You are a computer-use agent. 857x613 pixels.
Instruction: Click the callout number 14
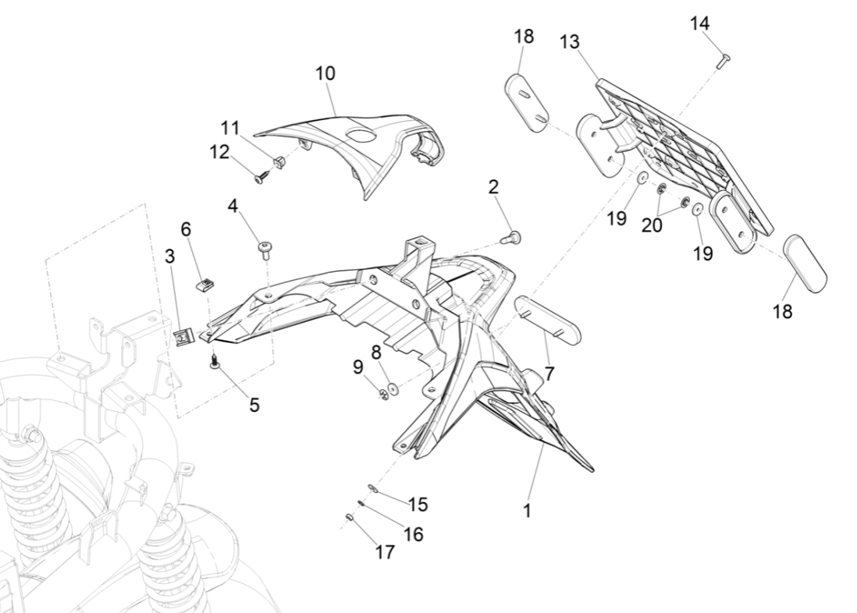(699, 23)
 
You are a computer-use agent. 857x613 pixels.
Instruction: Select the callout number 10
(325, 73)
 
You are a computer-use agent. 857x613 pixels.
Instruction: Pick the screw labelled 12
(261, 177)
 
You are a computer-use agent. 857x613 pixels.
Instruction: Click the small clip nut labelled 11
(277, 162)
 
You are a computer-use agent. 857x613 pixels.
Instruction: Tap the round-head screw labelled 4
(264, 247)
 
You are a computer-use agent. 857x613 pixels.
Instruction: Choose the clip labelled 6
(204, 285)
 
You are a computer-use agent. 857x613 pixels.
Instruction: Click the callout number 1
(528, 512)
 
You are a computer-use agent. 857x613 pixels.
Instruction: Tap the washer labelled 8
(392, 388)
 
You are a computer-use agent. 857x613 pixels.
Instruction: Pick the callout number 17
(385, 552)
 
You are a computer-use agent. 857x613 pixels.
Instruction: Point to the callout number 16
(413, 534)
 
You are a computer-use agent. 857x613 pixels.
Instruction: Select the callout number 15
(418, 505)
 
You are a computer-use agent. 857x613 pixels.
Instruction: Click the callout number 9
(357, 367)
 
